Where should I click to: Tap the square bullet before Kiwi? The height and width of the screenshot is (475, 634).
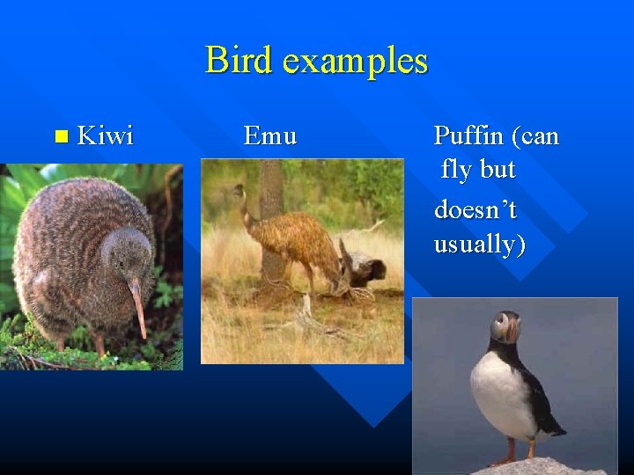coord(60,136)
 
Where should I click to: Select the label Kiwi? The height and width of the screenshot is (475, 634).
coord(106,135)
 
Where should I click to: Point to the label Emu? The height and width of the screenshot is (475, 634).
coord(270,136)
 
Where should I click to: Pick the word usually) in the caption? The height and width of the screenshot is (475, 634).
coord(479,244)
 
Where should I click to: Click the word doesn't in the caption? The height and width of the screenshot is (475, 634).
coord(475,210)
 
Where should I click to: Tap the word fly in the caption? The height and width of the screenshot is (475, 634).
coord(456,170)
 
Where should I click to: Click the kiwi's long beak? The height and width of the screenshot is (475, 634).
coord(138,308)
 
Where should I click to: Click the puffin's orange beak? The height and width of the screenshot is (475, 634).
coord(512,331)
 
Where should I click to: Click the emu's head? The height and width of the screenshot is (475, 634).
coord(238,189)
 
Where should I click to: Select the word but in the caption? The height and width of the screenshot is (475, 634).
coord(498,170)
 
